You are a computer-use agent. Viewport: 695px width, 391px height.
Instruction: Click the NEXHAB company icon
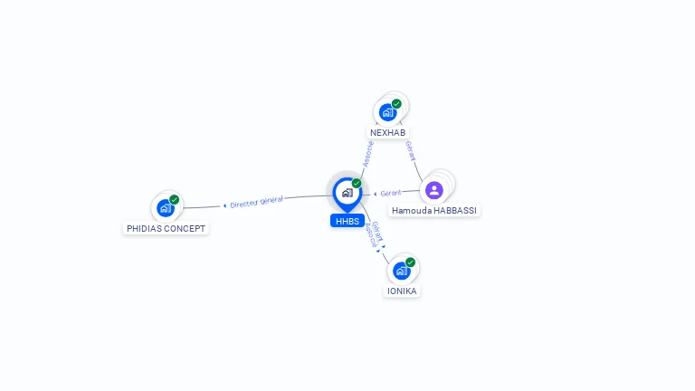387,112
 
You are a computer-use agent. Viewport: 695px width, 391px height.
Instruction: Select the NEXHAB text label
387,132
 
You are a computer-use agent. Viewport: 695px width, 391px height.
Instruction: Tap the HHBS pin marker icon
347,193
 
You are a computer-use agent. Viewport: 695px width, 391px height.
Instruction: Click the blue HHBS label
347,221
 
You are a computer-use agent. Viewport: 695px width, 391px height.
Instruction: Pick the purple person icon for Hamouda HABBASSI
433,190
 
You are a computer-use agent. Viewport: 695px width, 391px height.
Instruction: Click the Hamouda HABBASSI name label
434,210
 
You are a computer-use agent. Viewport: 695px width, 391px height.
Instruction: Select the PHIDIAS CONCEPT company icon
165,208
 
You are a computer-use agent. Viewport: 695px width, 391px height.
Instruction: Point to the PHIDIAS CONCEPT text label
166,228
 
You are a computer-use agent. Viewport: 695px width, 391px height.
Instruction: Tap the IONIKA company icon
401,271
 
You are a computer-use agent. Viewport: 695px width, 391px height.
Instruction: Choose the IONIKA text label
402,291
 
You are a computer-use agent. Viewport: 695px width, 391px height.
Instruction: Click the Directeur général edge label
256,202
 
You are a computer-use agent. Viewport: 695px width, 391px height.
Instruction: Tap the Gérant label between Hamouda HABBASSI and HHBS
390,193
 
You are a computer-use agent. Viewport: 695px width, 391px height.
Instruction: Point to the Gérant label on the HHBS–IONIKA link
378,232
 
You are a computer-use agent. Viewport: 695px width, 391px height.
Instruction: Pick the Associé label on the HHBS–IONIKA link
370,238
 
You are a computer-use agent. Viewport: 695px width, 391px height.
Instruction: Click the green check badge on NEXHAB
396,104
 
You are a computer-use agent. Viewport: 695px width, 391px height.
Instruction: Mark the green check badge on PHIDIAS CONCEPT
174,200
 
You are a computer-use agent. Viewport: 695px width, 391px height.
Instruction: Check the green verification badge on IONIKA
410,262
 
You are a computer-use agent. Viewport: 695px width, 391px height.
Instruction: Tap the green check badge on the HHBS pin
357,184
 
